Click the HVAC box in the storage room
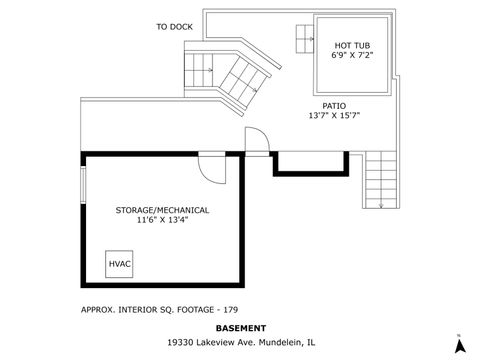click(x=120, y=263)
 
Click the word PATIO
click(x=334, y=105)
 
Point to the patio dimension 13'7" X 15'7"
click(x=334, y=116)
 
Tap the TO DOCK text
click(x=174, y=27)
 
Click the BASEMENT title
click(x=241, y=327)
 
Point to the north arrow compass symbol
click(x=458, y=345)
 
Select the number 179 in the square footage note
click(x=231, y=309)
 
